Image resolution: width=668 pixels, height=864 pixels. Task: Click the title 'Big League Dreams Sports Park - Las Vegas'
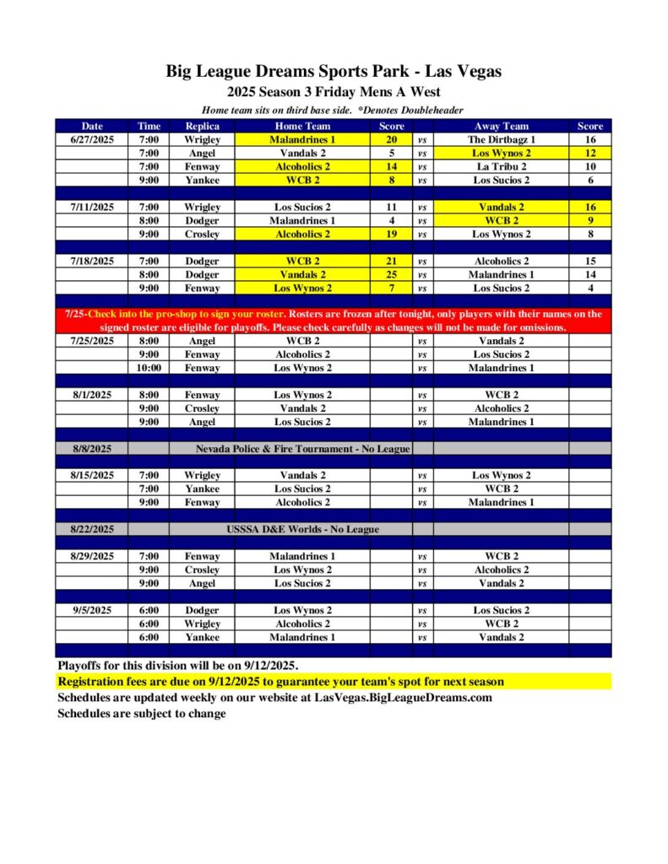tap(334, 72)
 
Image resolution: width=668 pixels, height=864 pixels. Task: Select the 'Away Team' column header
tap(501, 127)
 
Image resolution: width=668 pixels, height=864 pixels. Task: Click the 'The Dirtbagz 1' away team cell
tap(501, 140)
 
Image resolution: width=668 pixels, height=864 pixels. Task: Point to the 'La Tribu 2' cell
tap(501, 167)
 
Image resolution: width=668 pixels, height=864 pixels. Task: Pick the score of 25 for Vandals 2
tap(391, 275)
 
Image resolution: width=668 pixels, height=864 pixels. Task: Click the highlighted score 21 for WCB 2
tap(391, 262)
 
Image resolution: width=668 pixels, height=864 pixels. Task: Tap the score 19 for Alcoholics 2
tap(391, 235)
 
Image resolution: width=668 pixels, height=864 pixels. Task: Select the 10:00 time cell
tap(149, 368)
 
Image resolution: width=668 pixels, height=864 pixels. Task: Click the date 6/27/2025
tap(92, 140)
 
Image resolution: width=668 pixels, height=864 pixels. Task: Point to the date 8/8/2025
tap(92, 449)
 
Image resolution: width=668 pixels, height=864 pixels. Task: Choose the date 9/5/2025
tap(92, 610)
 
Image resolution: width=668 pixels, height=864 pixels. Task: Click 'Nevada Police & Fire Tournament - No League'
tap(302, 449)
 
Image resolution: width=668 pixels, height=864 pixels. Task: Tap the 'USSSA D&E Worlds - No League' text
tap(302, 530)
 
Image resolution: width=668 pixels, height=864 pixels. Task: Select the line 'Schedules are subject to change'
tap(142, 714)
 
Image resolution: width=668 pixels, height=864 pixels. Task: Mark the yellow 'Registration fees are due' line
tap(280, 682)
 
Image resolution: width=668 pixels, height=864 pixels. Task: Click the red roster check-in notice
tap(334, 321)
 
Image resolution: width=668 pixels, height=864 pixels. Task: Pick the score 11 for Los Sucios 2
tap(391, 208)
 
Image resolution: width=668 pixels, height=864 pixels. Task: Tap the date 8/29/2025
tap(92, 556)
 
